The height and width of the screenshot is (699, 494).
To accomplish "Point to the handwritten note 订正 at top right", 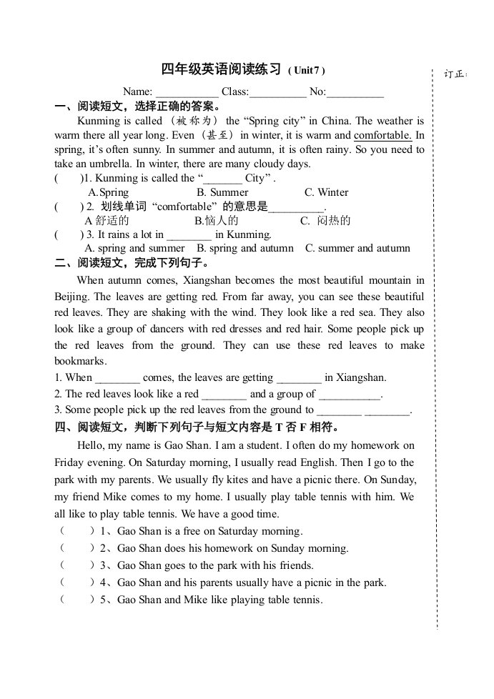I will coord(454,74).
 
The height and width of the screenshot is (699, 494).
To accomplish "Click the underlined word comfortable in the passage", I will coord(382,135).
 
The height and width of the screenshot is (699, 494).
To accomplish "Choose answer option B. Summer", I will coord(222,192).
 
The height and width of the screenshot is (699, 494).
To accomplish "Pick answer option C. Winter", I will coord(326,192).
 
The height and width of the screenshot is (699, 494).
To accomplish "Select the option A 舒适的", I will coord(107,221).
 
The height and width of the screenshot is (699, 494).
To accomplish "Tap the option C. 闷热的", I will coord(325,221).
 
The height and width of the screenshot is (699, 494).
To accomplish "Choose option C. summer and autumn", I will coord(357,249).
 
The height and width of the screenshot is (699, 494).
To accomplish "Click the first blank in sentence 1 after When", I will coord(117,378).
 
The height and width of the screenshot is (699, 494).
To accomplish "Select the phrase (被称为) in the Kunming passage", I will coord(193,121).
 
